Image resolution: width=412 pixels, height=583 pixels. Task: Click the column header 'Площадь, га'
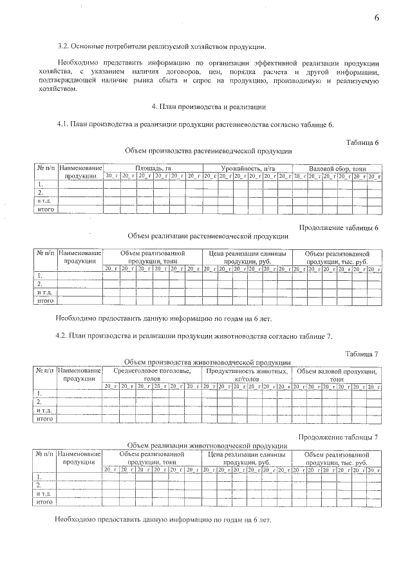(x=153, y=167)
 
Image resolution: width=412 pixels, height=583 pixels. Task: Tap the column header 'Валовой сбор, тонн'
(x=337, y=167)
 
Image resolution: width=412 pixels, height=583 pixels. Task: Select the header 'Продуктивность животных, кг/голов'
(x=247, y=375)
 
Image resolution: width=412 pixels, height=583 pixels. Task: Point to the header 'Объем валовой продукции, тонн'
(x=337, y=375)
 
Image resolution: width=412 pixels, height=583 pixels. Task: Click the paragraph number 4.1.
(x=62, y=124)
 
